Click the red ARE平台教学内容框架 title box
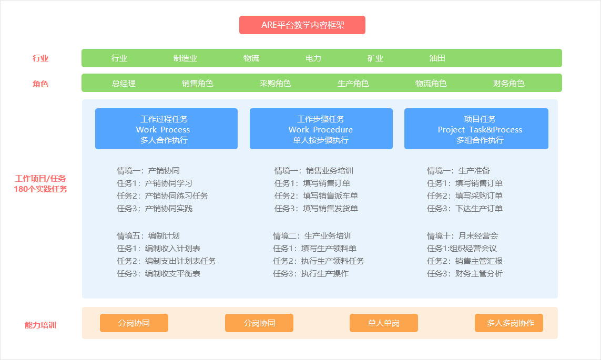[x=302, y=25]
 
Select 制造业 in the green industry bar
[x=185, y=58]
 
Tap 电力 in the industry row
[x=313, y=58]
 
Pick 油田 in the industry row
[x=437, y=58]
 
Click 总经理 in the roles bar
[x=124, y=83]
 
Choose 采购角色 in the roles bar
[x=275, y=83]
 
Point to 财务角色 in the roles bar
[x=508, y=83]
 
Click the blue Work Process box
[x=166, y=129]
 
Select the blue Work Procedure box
[x=321, y=129]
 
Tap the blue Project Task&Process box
[x=476, y=129]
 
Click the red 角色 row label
[x=40, y=84]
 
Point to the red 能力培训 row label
[x=40, y=325]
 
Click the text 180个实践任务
[x=40, y=189]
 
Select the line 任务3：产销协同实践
[x=155, y=208]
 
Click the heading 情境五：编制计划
[x=148, y=236]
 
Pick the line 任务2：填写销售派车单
[x=316, y=196]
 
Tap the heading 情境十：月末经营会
[x=463, y=236]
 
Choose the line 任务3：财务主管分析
[x=464, y=273]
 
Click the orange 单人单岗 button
[x=384, y=323]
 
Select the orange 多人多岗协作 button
[x=509, y=323]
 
